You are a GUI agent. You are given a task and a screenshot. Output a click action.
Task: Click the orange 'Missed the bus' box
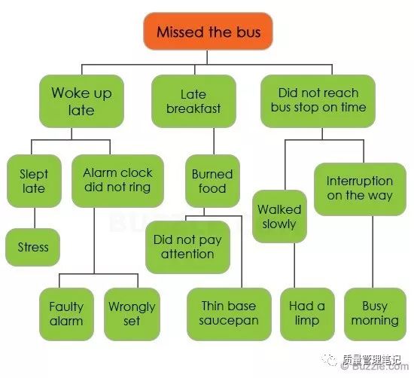[x=208, y=31]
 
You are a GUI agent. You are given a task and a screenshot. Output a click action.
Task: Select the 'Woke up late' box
[x=81, y=101]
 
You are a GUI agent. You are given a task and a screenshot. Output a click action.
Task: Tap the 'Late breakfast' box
[x=193, y=101]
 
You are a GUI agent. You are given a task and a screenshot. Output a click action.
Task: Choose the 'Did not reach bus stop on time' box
[x=318, y=101]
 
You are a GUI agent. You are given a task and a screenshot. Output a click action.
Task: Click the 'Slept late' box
[x=34, y=181]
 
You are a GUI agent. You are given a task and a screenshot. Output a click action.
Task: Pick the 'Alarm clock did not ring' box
[x=117, y=181]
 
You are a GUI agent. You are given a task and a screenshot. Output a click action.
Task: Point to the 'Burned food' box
[x=212, y=181]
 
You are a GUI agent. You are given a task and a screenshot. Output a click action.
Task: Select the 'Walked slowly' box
[x=279, y=216]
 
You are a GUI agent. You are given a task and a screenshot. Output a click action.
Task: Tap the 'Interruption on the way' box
[x=360, y=189]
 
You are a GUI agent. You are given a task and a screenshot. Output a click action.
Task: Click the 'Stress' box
[x=32, y=247]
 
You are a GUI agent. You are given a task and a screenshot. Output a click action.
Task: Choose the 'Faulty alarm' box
[x=66, y=314]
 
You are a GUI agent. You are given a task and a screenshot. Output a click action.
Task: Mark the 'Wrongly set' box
[x=132, y=314]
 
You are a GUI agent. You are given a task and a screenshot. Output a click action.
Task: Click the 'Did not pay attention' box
[x=187, y=247]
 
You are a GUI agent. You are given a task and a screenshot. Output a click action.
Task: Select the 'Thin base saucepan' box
[x=229, y=314]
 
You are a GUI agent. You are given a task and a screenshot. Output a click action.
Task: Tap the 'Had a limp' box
[x=307, y=314]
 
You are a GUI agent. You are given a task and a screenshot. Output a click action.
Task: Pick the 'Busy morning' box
[x=375, y=314]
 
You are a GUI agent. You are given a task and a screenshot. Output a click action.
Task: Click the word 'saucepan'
[x=229, y=321]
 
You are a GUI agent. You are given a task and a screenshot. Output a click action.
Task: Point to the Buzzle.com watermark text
[x=375, y=367]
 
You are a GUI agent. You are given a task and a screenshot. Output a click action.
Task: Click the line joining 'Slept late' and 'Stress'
[x=35, y=218]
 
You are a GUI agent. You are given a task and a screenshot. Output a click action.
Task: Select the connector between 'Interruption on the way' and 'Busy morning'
[x=373, y=251]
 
